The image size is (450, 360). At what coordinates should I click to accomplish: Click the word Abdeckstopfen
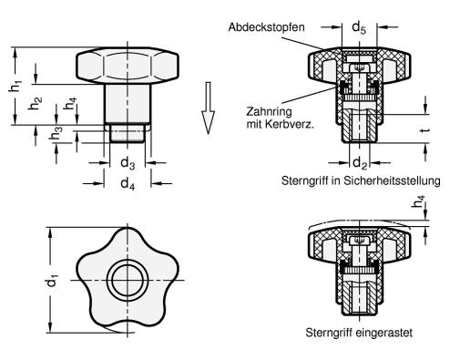266,27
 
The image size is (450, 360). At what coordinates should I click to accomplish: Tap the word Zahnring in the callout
269,112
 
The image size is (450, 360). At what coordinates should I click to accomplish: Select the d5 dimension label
359,28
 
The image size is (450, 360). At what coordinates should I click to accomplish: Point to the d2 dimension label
360,163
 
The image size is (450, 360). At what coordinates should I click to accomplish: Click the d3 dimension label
128,163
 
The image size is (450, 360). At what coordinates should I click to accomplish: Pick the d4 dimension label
128,184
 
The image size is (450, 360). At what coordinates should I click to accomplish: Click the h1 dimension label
15,86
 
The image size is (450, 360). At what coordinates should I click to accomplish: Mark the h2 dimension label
35,103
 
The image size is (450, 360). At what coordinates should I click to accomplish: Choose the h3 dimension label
56,134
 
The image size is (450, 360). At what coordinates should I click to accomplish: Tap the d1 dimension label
52,281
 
